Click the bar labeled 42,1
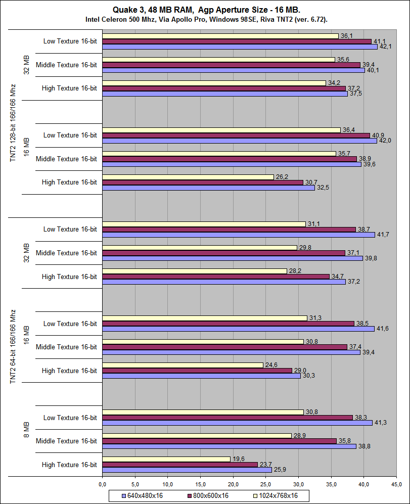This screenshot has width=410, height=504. [x=240, y=47]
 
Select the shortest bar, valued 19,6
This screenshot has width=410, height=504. [x=166, y=459]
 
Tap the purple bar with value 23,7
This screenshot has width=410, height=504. [x=179, y=465]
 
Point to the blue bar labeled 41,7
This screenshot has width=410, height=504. [x=238, y=235]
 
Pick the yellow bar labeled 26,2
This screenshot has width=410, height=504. [x=188, y=177]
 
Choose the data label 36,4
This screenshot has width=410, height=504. [x=348, y=130]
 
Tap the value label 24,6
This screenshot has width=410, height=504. [x=271, y=365]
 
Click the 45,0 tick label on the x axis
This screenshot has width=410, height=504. [x=397, y=485]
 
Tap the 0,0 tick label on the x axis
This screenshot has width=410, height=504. [x=102, y=485]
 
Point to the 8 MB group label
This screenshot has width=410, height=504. [x=27, y=430]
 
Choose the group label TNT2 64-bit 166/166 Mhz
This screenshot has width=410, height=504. [x=13, y=347]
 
